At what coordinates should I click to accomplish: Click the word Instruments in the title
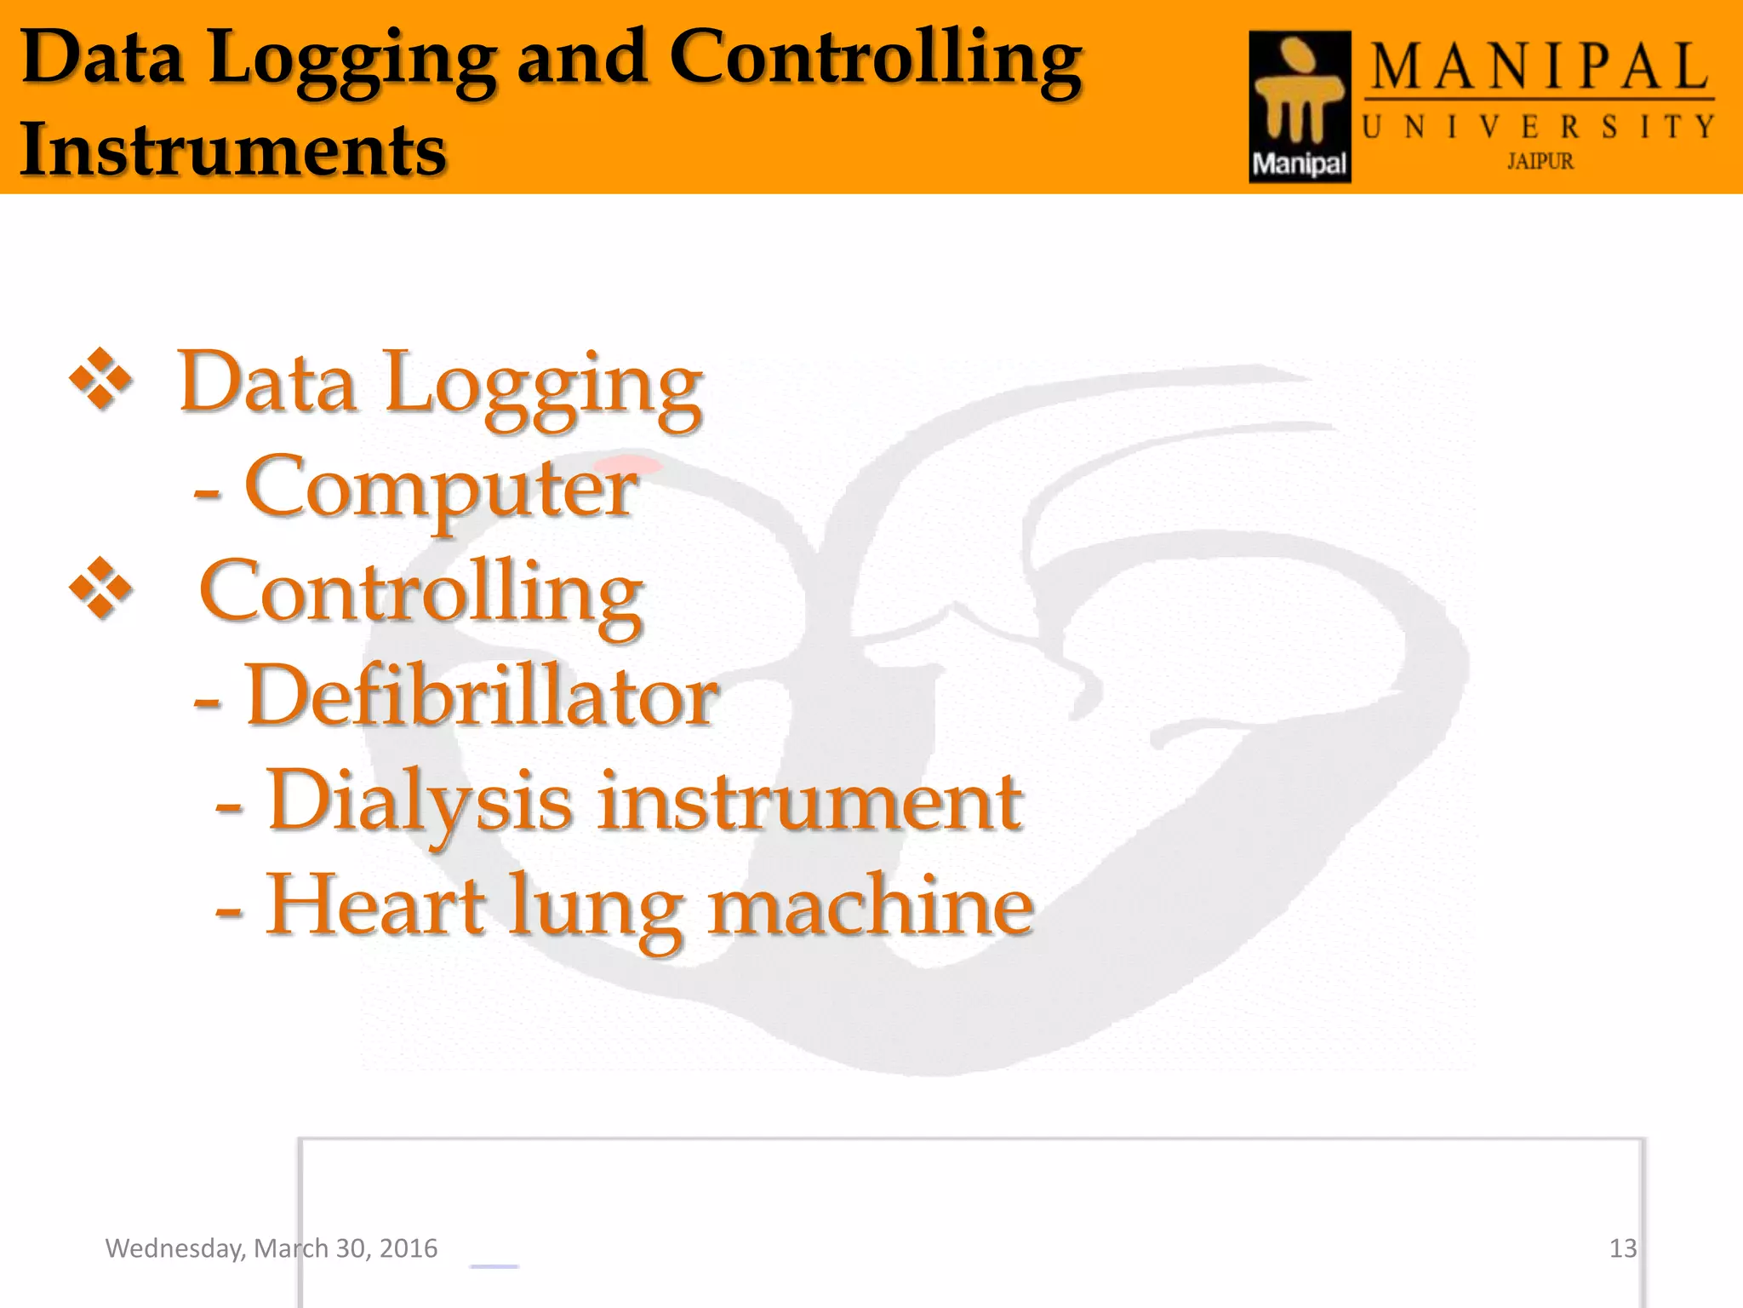tap(232, 149)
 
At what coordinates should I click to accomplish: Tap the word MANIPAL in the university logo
tap(1540, 67)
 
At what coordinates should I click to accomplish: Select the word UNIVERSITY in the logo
tap(1538, 128)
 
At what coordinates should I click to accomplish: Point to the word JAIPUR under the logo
tap(1540, 161)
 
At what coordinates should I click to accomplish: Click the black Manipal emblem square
tap(1299, 106)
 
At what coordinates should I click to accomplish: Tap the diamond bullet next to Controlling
tap(100, 588)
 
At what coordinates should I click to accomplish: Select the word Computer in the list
tap(440, 487)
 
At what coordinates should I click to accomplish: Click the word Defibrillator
tap(482, 696)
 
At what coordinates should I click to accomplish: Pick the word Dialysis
tap(420, 800)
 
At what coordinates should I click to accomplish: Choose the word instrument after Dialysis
tap(809, 800)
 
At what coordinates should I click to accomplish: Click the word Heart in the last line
tap(375, 904)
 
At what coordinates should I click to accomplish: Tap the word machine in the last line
tap(871, 904)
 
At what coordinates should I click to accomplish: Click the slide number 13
tap(1622, 1248)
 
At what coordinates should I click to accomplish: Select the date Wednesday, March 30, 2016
tap(271, 1248)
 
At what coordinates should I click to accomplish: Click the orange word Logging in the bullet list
tap(543, 386)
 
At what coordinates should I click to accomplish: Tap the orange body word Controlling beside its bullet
tap(420, 593)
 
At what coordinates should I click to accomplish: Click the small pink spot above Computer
tap(641, 465)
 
